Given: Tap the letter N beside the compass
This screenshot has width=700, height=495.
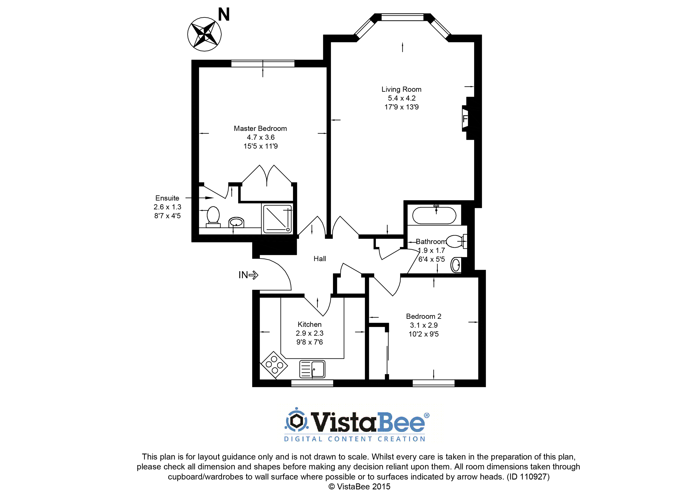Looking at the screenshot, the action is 224,14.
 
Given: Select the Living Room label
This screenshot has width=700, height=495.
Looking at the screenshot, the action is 401,89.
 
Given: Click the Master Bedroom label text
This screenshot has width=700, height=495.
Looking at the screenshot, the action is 260,128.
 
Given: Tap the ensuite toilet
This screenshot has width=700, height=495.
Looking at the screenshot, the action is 213,217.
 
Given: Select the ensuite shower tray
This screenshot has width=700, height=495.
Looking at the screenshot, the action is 277,219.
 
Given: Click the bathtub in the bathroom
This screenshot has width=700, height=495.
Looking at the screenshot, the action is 434,215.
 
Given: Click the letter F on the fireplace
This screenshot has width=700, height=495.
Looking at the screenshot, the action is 465,119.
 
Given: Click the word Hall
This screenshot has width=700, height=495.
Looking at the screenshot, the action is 320,259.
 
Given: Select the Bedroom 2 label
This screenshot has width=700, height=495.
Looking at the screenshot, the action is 423,316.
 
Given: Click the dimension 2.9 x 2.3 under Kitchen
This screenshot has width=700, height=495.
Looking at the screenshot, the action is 309,333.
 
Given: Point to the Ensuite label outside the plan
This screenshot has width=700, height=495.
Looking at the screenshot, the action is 167,198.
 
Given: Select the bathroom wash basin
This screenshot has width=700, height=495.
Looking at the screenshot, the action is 456,265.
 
